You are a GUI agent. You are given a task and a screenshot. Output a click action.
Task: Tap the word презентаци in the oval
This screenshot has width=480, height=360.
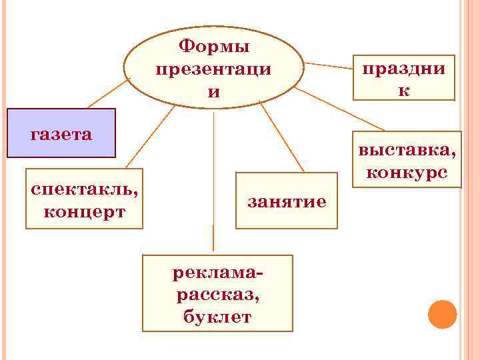pos(213,69)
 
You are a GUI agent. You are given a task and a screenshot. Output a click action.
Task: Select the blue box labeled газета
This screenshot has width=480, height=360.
pos(61,133)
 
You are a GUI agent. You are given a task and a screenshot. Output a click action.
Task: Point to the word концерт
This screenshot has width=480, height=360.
pos(84,212)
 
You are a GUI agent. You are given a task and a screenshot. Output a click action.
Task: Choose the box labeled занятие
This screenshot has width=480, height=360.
pos(287,201)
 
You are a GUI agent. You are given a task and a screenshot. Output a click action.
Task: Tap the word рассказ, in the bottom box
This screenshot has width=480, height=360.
pos(217,295)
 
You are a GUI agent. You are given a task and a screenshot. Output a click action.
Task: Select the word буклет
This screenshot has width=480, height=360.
pos(217,316)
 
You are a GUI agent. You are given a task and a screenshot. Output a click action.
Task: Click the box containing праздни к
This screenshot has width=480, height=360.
pos(404,77)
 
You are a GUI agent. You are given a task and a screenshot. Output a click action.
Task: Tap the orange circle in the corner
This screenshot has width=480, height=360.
pos(442,314)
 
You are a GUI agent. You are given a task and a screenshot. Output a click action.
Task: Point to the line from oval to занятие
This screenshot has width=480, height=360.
pos(280,137)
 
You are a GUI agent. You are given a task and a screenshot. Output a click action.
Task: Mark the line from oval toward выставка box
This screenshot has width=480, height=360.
pos(340,109)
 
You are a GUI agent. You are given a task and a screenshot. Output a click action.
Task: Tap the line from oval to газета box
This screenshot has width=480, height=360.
pos(107,93)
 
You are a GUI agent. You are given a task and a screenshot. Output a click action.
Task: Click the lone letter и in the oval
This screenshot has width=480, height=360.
pos(213,92)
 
